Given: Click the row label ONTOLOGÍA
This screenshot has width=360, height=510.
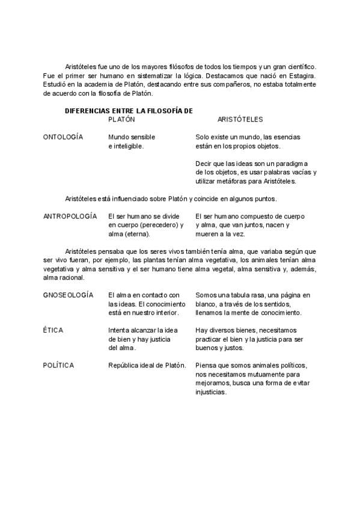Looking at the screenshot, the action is tap(63, 137).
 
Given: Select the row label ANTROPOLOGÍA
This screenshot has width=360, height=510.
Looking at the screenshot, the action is tap(70, 216).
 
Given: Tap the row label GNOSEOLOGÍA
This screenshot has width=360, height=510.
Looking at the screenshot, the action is tap(68, 295).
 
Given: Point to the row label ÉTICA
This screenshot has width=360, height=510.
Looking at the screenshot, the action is tap(53, 330).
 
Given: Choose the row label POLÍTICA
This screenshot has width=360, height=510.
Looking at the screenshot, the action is tap(59, 366).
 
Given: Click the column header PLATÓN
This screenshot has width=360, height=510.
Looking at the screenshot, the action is tap(121, 119).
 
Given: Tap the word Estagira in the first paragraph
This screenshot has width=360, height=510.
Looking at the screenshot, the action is tap(302, 75).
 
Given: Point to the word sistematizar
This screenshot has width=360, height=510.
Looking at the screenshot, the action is tap(143, 75).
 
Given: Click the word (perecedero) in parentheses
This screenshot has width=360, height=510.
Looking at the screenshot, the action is tap(156, 225).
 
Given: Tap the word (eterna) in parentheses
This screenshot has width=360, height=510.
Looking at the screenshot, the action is tap(138, 234).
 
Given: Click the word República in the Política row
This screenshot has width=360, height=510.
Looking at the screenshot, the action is tap(125, 366).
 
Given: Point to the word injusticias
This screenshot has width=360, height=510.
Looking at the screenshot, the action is tap(211, 392).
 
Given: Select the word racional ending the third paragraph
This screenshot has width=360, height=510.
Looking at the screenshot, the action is tap(74, 278).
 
